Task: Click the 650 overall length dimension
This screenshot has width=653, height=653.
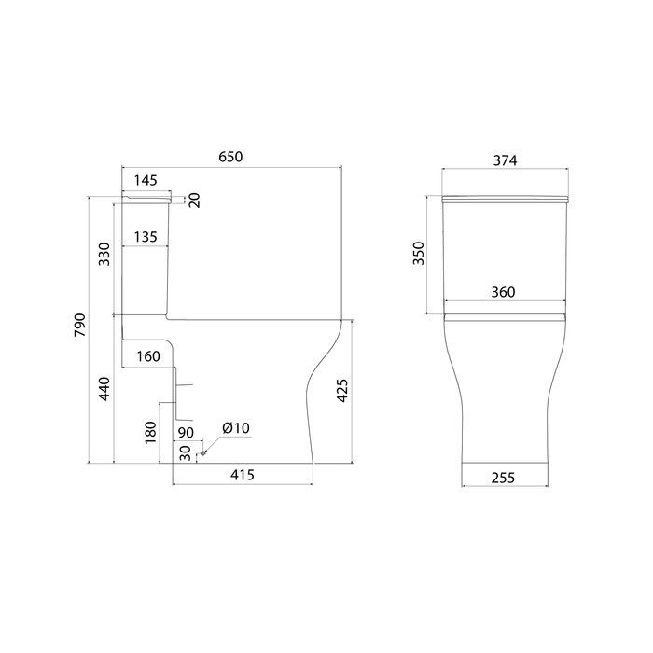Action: coord(230,157)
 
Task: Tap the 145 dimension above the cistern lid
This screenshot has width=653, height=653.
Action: coord(146,180)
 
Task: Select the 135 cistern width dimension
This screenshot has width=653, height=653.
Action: coord(146,237)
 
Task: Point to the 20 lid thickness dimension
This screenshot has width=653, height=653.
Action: coord(195,201)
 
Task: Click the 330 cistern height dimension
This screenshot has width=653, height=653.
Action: coord(104,254)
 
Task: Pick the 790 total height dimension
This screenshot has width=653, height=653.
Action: coord(79,325)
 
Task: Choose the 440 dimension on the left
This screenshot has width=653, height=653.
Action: coord(104,389)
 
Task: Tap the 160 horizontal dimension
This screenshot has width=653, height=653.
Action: coord(148,356)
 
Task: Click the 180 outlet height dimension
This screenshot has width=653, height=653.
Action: coord(150,432)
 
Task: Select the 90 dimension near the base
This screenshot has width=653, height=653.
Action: coord(186,433)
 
